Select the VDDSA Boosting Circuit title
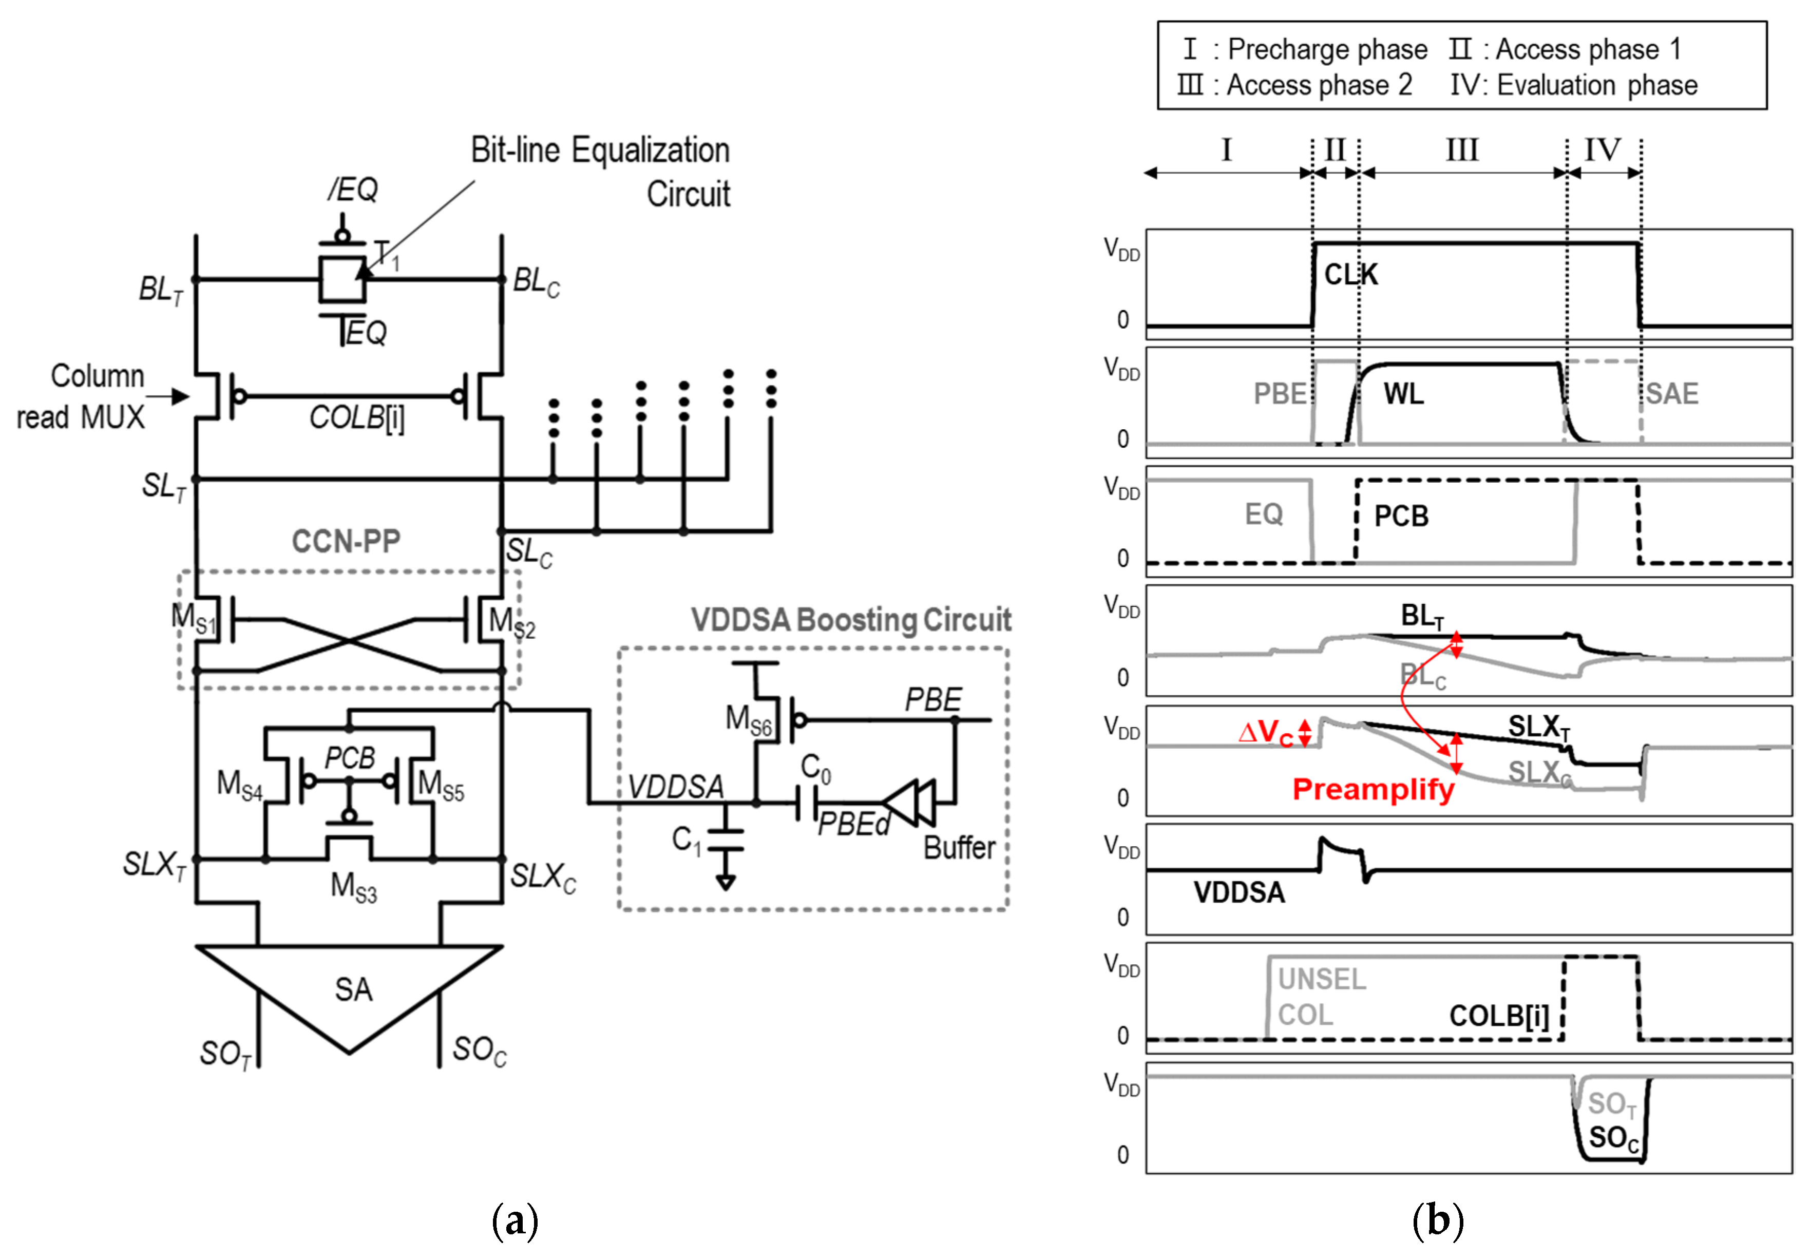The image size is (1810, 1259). click(851, 620)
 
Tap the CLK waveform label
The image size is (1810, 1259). click(1350, 274)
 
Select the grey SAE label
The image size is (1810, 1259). click(1671, 393)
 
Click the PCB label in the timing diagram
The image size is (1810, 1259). click(1401, 517)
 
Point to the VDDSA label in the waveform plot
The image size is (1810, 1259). click(1239, 892)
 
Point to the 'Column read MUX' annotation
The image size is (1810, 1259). click(81, 396)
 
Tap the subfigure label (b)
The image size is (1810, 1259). click(1437, 1220)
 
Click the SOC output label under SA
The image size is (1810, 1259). click(479, 1050)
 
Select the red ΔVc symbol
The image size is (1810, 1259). click(1265, 732)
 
